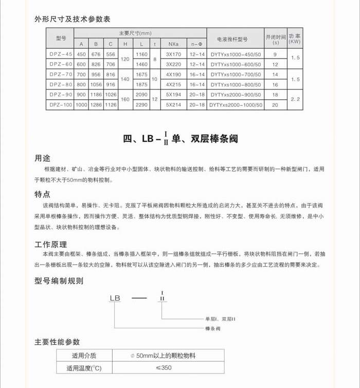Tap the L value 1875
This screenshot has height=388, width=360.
[141, 85]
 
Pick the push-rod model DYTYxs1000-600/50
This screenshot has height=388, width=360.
[236, 64]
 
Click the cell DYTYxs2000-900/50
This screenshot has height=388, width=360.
[236, 95]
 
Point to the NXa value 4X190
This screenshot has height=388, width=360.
[174, 75]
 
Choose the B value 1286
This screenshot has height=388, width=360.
[96, 105]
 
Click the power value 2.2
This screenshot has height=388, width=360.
[294, 100]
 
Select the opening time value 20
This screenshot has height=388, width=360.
[275, 105]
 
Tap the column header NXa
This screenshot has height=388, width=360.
[174, 44]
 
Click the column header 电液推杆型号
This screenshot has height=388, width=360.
[236, 39]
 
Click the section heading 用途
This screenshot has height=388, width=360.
[42, 158]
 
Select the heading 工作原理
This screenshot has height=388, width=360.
[50, 244]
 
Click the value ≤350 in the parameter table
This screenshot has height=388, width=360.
[164, 368]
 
